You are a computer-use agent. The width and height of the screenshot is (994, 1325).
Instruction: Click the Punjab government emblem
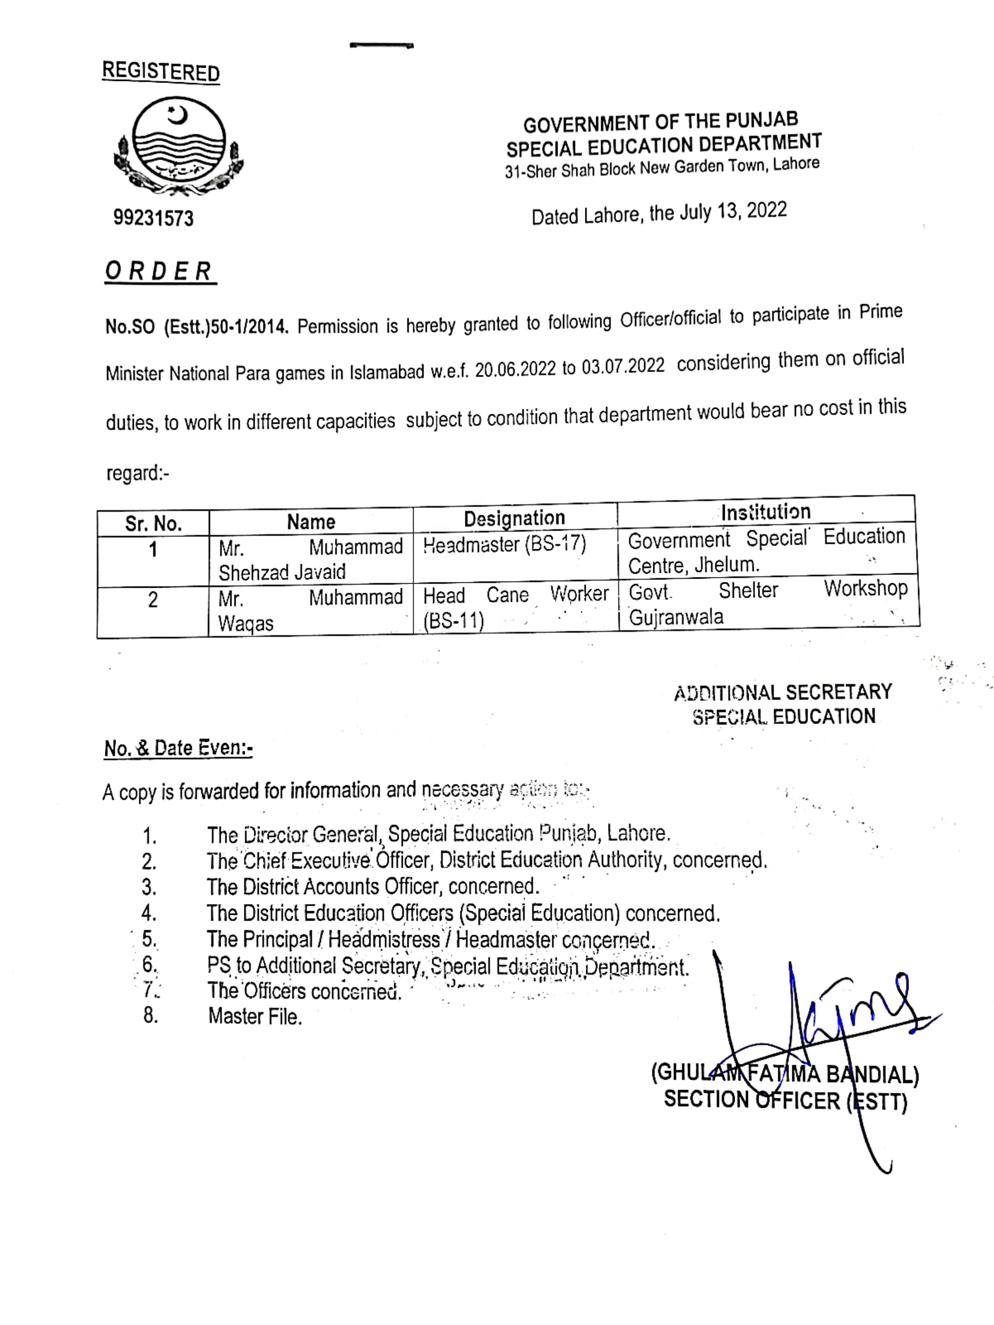click(x=178, y=147)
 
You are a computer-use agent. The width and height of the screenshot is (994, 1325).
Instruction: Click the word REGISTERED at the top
click(x=161, y=72)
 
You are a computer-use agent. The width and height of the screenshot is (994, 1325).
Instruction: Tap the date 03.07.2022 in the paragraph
click(x=623, y=366)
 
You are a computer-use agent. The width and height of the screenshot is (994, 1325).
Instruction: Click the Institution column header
click(x=765, y=512)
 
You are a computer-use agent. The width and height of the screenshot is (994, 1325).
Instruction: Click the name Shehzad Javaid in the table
click(x=282, y=572)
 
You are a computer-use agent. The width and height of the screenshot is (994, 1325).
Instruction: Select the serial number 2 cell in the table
click(x=153, y=600)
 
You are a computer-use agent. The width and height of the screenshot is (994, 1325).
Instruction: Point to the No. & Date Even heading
click(x=178, y=748)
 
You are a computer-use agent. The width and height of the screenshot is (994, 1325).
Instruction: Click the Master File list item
click(x=255, y=1016)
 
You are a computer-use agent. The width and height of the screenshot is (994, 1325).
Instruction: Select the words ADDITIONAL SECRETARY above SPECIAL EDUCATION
click(x=783, y=693)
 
